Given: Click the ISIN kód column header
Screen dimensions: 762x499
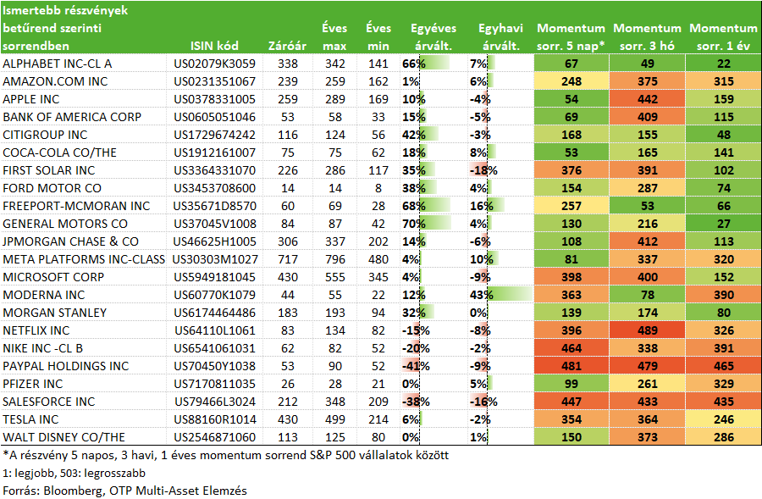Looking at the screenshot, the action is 214,46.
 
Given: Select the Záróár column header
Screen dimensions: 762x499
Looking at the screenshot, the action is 287,46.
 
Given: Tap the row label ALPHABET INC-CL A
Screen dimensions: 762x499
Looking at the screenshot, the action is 58,64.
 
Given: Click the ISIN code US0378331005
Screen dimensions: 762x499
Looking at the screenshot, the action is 214,99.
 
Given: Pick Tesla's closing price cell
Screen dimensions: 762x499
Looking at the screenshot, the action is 288,419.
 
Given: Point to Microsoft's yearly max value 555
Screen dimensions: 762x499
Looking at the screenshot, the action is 334,277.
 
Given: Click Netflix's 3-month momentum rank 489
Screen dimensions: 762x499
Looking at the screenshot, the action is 648,330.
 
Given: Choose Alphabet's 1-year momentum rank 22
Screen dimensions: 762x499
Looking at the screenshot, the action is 724,64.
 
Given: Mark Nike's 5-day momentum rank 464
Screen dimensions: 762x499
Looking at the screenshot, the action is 571,348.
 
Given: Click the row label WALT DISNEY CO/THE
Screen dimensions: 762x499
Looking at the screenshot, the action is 64,437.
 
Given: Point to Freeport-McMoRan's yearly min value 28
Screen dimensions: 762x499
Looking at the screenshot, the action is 378,206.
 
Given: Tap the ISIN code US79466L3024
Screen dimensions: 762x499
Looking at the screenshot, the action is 214,402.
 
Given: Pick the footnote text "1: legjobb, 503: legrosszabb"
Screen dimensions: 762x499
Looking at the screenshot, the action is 74,473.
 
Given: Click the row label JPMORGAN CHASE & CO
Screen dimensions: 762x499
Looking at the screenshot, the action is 71,241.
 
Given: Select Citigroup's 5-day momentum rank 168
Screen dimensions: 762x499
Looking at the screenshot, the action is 571,135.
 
